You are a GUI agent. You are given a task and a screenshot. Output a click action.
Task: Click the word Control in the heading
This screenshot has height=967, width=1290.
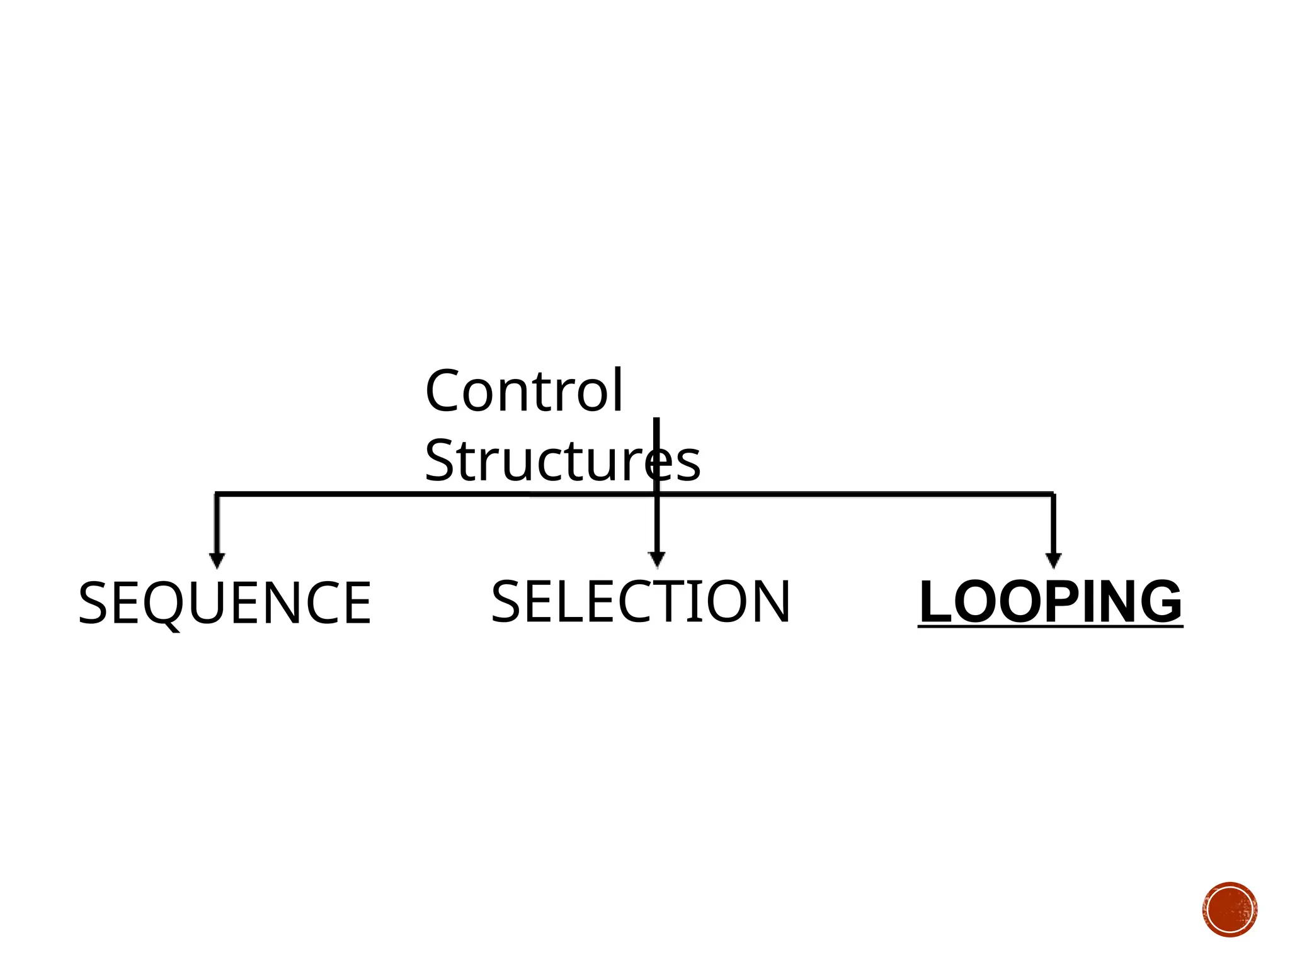coord(524,392)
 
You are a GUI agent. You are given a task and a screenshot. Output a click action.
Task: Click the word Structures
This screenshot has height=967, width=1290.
coord(562,461)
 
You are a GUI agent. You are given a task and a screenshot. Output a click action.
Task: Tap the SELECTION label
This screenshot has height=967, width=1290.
coord(640,602)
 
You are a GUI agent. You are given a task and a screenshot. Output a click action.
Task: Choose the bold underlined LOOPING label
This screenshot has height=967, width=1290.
coord(1050,602)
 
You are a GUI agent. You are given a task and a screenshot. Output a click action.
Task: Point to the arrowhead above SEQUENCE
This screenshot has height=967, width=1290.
coord(217,560)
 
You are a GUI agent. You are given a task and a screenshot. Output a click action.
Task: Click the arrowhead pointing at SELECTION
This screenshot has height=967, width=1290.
coord(656,558)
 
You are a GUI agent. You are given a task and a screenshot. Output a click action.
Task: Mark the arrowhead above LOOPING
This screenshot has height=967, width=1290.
coord(1053,560)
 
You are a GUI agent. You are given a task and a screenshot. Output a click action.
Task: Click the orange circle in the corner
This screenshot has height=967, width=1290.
coord(1230,910)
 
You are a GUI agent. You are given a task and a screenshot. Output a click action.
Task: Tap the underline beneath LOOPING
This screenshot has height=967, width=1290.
coord(1050,625)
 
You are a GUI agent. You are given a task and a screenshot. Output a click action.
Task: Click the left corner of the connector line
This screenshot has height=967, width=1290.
coord(217,494)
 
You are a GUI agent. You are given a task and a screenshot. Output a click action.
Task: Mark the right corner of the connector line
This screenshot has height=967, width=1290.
coord(1053,494)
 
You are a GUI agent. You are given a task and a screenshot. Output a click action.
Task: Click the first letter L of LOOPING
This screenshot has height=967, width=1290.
coord(934,602)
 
